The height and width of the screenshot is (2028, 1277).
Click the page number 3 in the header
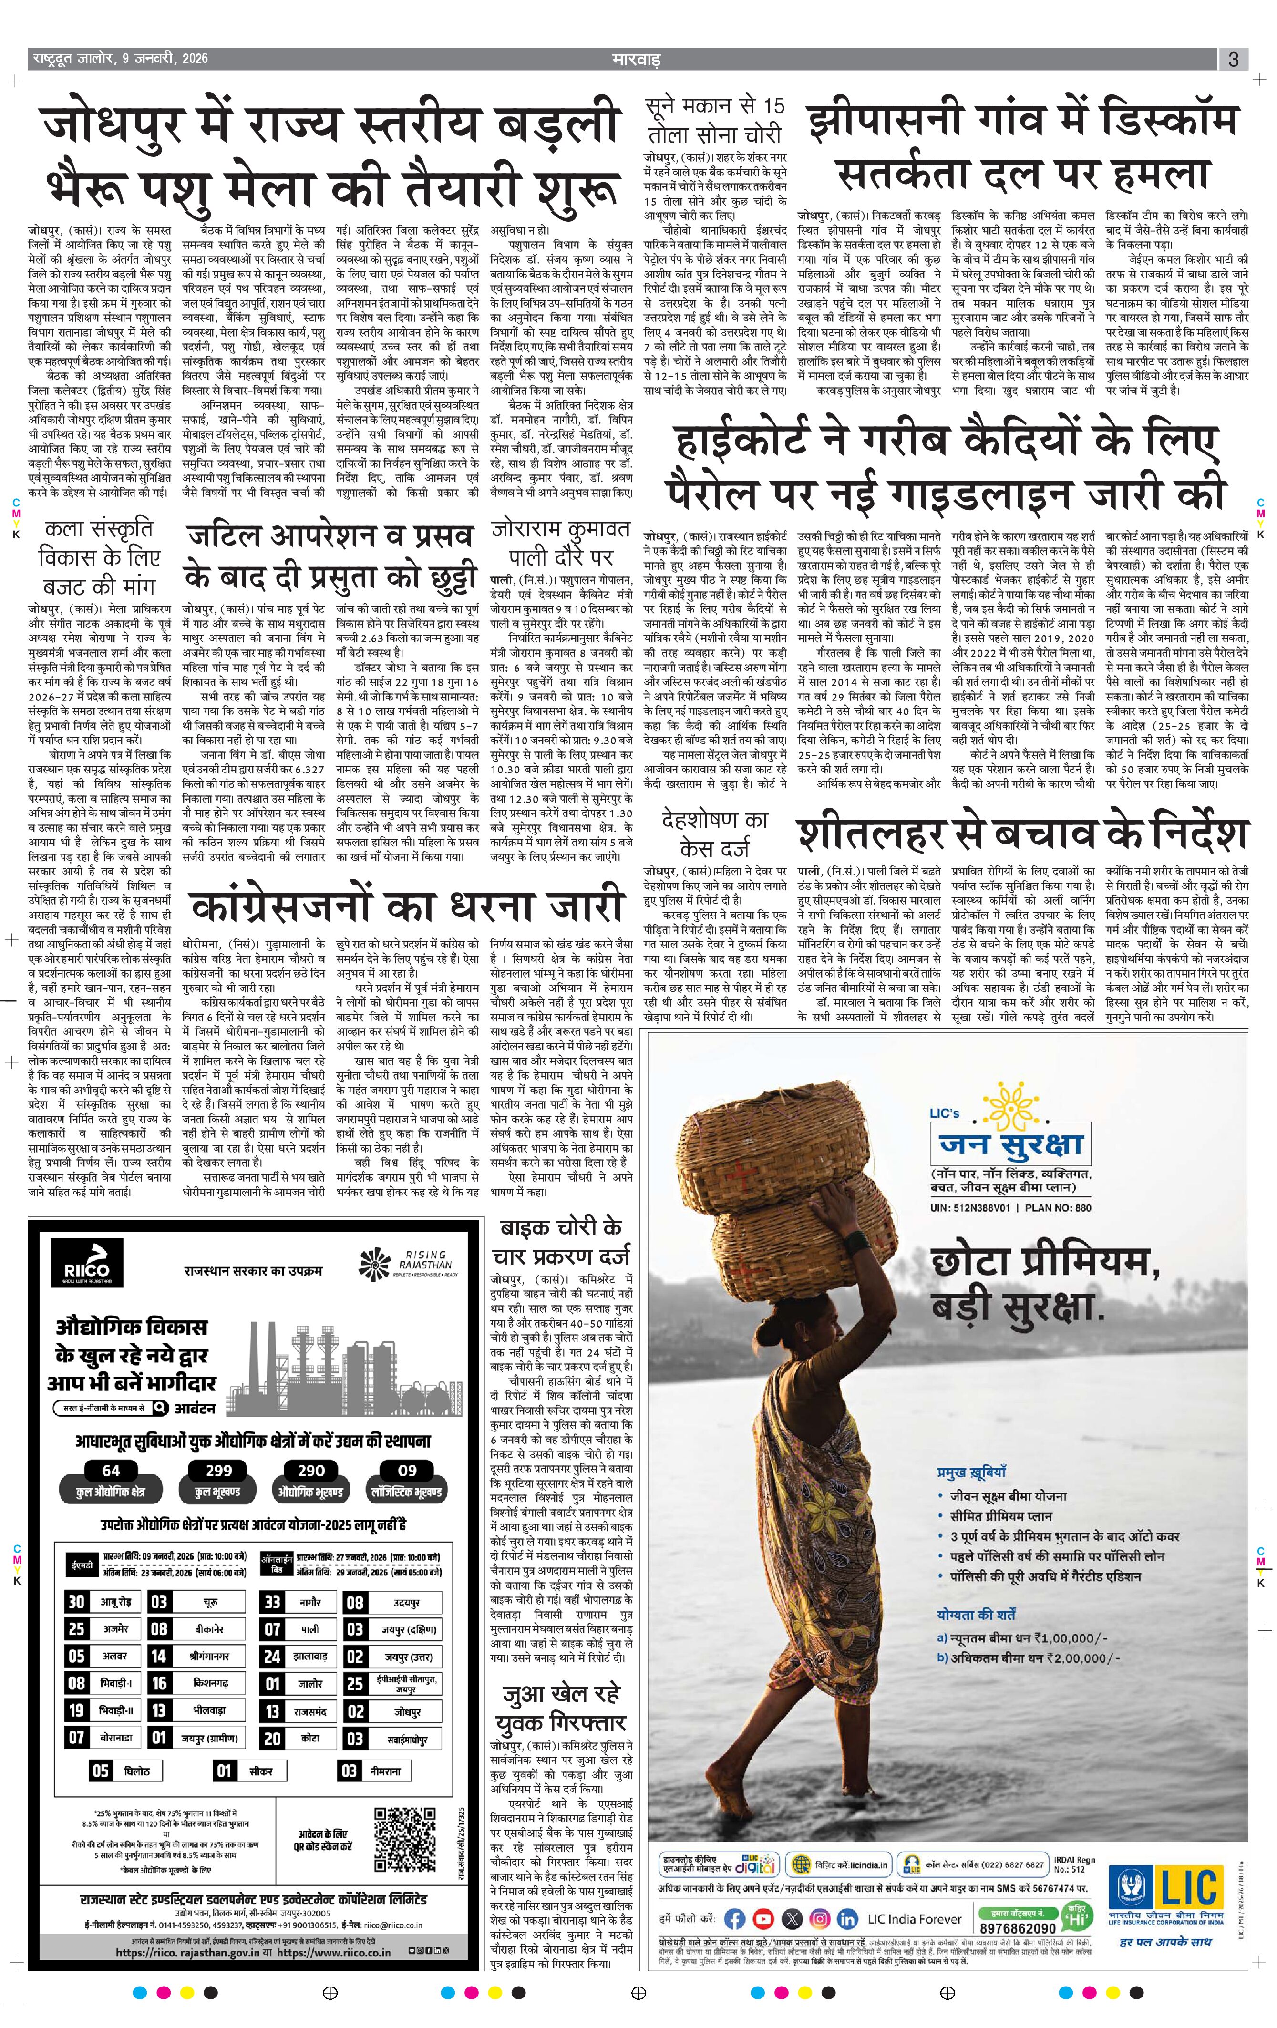click(x=1232, y=60)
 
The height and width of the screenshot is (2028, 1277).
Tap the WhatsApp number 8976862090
click(x=1018, y=1922)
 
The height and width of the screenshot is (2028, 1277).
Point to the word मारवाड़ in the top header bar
click(x=636, y=60)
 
